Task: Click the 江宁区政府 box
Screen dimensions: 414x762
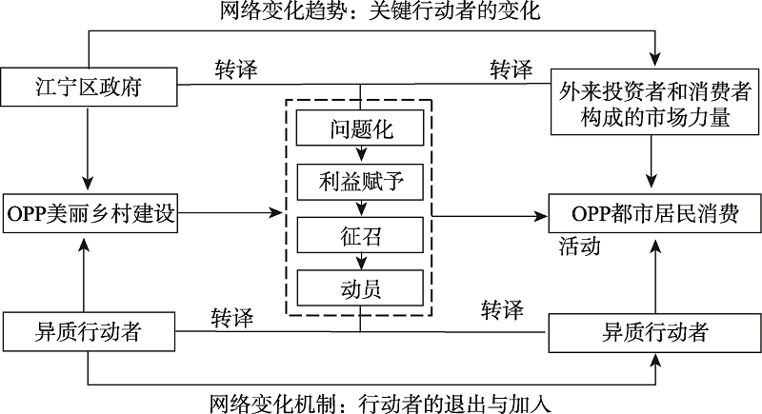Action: coord(88,90)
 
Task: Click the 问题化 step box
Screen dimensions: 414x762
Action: coord(361,127)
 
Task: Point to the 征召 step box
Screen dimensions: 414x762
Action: coord(361,232)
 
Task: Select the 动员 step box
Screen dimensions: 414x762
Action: coord(361,285)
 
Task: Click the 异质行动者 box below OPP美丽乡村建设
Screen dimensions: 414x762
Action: coord(88,330)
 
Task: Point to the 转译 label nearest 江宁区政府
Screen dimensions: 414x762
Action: coord(234,70)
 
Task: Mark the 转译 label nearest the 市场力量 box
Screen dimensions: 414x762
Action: coord(511,70)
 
